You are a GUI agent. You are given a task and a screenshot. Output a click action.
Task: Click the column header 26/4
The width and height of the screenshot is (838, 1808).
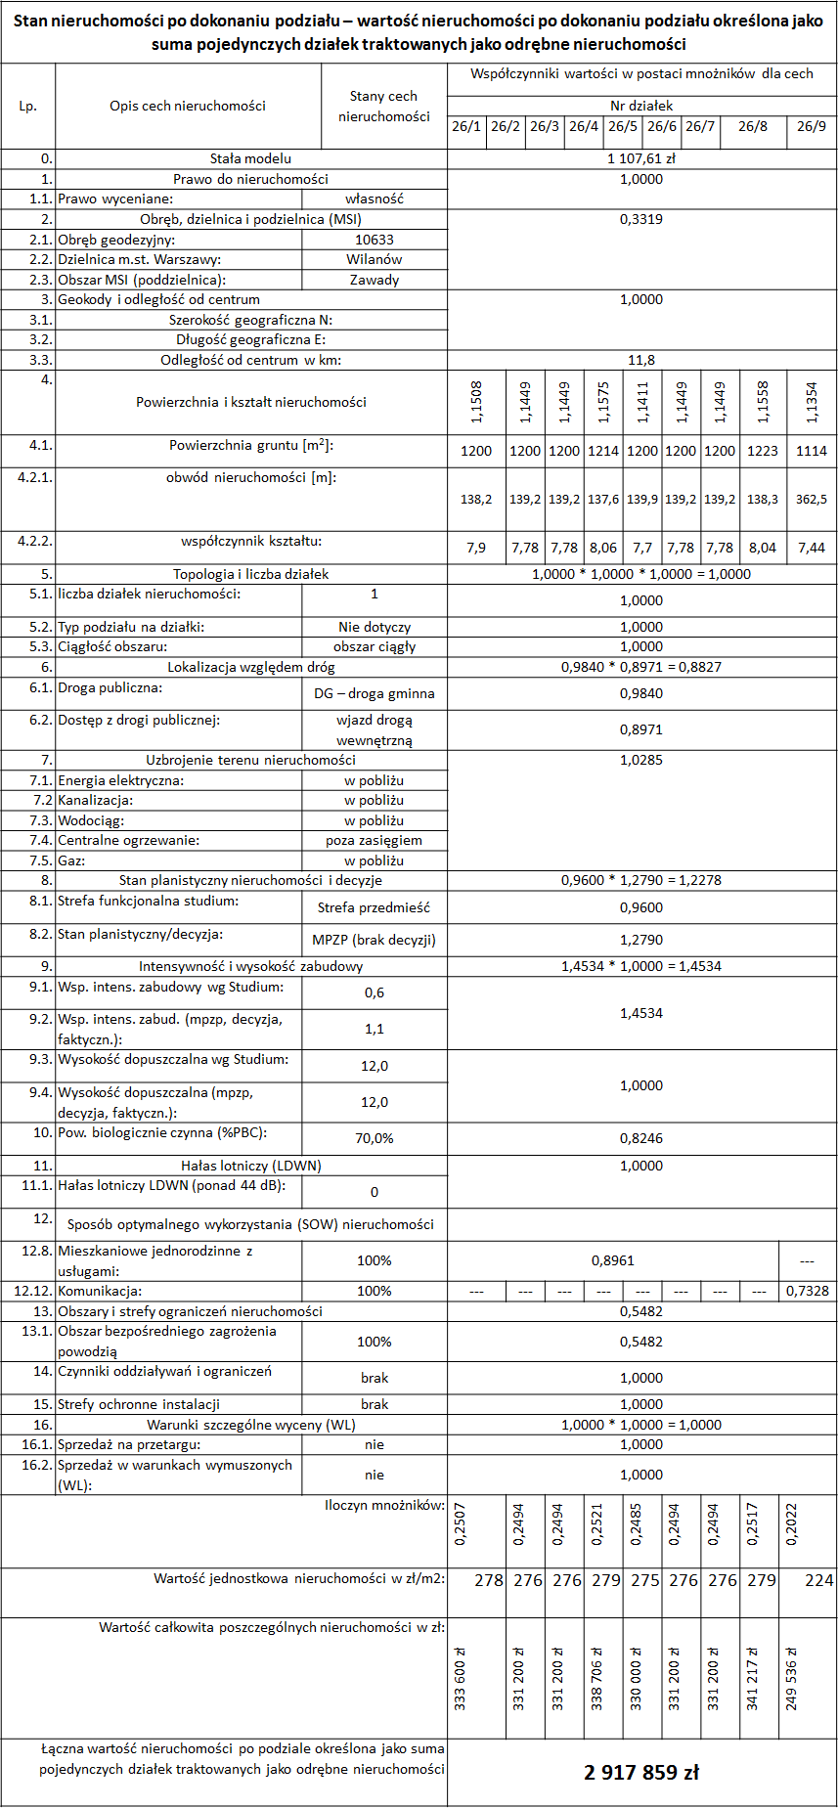coord(584,126)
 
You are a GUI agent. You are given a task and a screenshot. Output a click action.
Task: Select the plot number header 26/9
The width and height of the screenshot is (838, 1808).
coord(812,126)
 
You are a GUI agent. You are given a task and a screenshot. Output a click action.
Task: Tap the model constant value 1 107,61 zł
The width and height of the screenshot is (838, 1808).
coord(641,158)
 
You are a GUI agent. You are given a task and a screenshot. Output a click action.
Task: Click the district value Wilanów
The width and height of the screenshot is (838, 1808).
coord(375,259)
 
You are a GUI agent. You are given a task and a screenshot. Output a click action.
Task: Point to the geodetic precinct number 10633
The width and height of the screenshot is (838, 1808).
coord(375,240)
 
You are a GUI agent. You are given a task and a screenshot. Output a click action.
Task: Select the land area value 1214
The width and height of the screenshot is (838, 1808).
coord(603,451)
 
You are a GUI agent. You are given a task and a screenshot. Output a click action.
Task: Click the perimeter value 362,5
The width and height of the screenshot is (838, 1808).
coord(812,499)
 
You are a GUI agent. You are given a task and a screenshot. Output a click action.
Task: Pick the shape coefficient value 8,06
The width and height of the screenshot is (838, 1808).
coord(603,548)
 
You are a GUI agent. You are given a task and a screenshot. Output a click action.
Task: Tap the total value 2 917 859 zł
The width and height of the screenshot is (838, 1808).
coord(641,1772)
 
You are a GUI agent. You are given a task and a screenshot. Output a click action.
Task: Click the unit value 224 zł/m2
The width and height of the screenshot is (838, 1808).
coord(819,1580)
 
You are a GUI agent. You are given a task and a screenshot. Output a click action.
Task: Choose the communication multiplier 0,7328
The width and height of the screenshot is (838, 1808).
coord(808,1291)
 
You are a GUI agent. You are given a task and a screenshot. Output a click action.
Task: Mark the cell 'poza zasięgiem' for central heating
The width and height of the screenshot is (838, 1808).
coord(375,840)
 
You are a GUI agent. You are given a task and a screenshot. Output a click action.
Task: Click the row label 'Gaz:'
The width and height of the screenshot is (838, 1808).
coord(71,860)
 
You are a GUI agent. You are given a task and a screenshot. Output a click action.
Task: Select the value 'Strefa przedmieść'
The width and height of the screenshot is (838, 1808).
coord(375,907)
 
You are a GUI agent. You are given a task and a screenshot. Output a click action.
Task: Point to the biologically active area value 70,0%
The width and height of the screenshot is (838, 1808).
coord(375,1138)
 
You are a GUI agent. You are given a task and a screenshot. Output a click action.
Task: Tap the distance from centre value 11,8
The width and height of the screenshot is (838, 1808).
coord(641,360)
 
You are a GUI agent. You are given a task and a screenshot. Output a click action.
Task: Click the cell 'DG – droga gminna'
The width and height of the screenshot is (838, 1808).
coord(375,693)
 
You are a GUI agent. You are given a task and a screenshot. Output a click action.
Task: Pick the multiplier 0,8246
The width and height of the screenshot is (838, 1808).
coord(641,1138)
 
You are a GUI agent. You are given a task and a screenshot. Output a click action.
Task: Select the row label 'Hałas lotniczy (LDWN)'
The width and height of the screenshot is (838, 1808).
coord(251,1166)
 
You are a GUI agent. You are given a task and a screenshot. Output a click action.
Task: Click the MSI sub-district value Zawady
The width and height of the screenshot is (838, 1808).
coord(375,280)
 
